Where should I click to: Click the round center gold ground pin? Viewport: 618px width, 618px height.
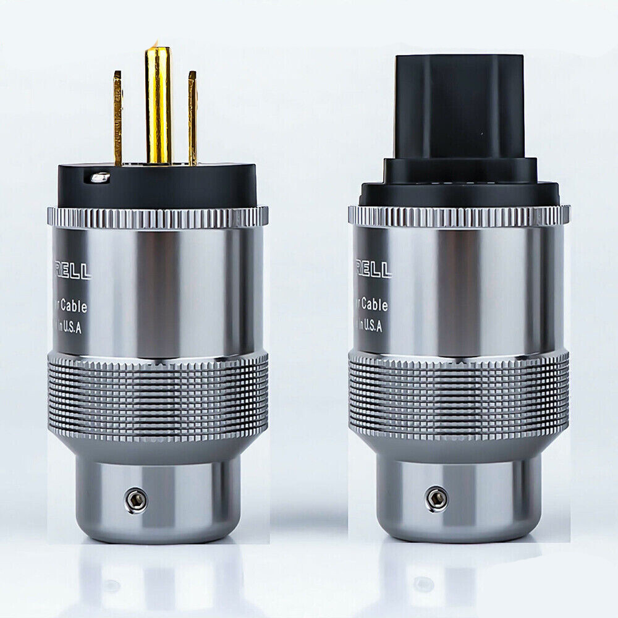tap(158, 105)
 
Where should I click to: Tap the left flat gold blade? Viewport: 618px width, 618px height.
tap(117, 117)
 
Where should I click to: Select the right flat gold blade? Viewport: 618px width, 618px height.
tap(192, 117)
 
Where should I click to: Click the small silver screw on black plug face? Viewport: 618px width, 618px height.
tap(99, 178)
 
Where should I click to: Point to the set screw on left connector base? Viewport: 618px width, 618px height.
tap(136, 500)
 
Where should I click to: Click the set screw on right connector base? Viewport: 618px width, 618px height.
tap(437, 498)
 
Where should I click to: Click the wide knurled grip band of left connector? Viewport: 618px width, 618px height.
tap(158, 396)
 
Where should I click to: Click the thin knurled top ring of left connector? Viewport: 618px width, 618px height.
tap(158, 216)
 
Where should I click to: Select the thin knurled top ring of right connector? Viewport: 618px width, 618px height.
tap(459, 214)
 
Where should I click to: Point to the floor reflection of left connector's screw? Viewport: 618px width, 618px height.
tap(111, 584)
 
